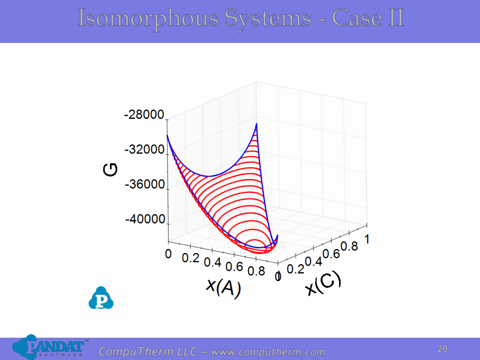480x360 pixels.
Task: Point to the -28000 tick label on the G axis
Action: pyautogui.click(x=144, y=114)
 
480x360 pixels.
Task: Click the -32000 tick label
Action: pyautogui.click(x=144, y=150)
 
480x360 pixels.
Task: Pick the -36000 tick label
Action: pyautogui.click(x=145, y=184)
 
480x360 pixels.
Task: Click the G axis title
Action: pyautogui.click(x=110, y=170)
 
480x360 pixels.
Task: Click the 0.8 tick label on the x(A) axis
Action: pyautogui.click(x=256, y=271)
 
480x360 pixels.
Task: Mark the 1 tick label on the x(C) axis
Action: pyautogui.click(x=367, y=239)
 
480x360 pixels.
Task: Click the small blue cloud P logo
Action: pyautogui.click(x=101, y=298)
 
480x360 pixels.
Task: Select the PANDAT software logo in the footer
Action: pyautogui.click(x=50, y=347)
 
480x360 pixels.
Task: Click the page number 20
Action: pyautogui.click(x=442, y=349)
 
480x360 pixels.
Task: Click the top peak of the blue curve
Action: pyautogui.click(x=256, y=124)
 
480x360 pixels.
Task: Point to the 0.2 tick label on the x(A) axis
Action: pyautogui.click(x=190, y=258)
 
